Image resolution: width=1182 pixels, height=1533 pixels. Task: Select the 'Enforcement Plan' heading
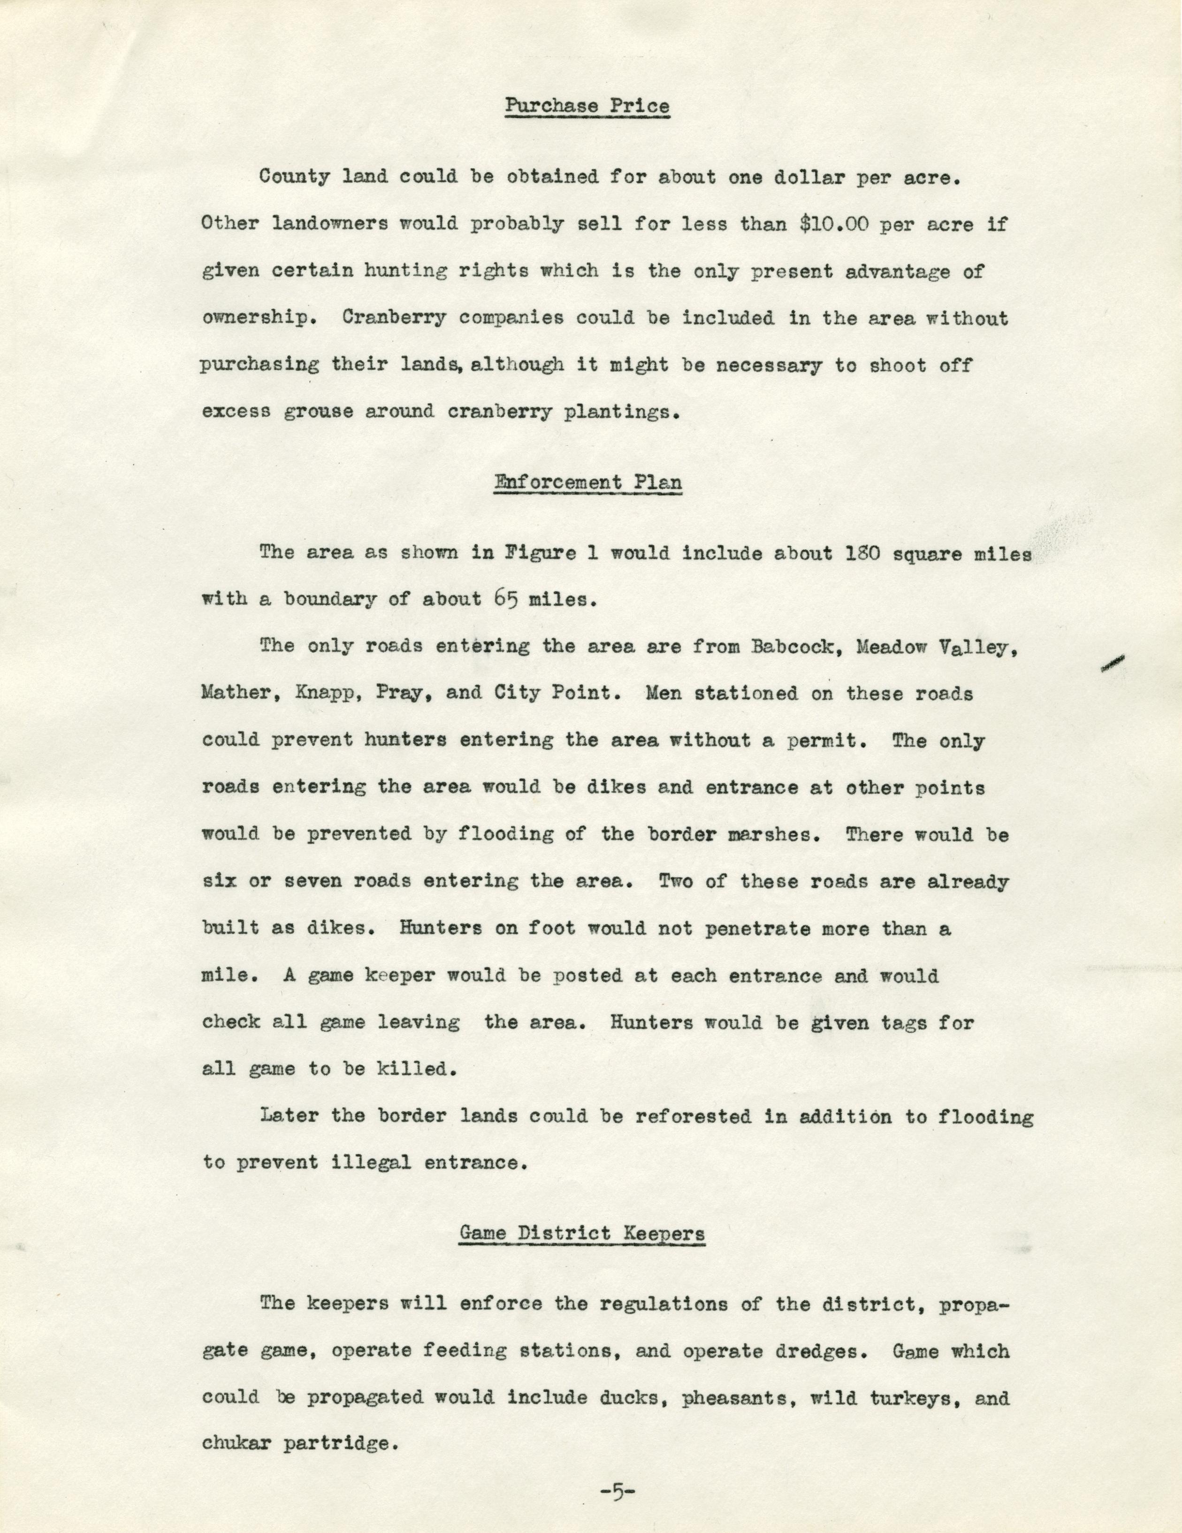point(588,483)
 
